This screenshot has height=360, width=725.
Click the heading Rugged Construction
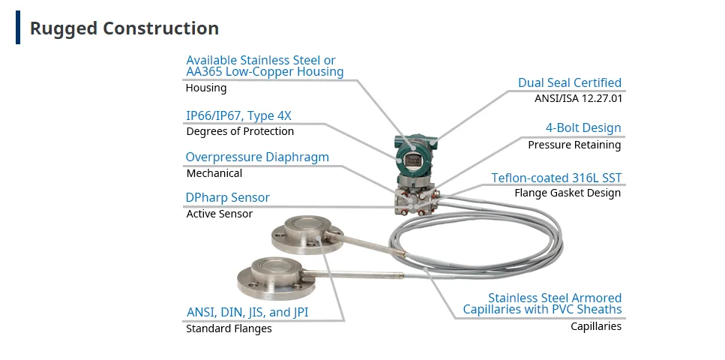click(x=124, y=28)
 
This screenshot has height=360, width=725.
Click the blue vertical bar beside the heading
click(x=18, y=28)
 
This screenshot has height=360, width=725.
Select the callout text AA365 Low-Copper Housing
click(x=265, y=72)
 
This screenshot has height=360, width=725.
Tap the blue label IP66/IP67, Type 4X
click(x=238, y=115)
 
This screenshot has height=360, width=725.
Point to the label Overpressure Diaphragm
click(x=257, y=157)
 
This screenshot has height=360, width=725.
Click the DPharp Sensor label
click(x=227, y=198)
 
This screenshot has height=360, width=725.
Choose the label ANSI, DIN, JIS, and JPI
click(x=247, y=312)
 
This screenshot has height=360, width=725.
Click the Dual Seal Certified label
click(x=569, y=82)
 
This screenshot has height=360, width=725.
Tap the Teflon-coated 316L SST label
click(x=556, y=178)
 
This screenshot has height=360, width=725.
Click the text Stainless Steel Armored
click(x=554, y=298)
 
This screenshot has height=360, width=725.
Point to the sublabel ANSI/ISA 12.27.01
click(x=577, y=98)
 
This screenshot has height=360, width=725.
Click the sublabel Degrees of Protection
click(x=240, y=131)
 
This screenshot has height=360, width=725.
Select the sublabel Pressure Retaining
click(x=574, y=145)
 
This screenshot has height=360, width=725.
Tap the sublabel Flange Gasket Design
click(x=567, y=193)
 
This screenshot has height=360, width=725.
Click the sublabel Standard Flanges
click(x=229, y=328)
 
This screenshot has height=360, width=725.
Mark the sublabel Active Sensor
click(x=219, y=214)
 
